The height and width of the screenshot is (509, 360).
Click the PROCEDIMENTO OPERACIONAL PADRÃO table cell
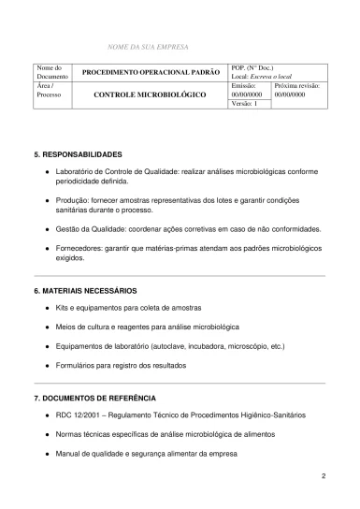pos(151,72)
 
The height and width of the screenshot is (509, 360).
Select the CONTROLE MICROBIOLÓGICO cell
pos(151,95)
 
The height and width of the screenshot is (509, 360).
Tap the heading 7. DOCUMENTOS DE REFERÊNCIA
pos(94,399)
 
